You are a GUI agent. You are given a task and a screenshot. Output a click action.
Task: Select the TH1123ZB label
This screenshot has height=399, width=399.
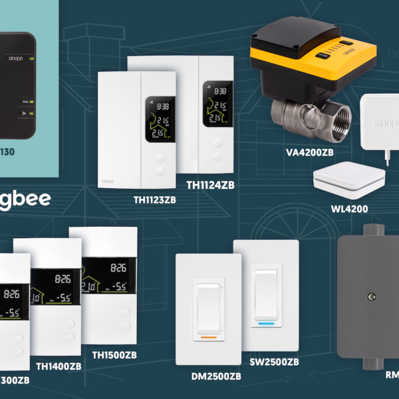tap(154, 198)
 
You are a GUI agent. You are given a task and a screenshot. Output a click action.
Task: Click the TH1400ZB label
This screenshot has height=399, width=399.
tap(59, 366)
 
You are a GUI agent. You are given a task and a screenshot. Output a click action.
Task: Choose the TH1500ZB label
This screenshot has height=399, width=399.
tap(114, 355)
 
